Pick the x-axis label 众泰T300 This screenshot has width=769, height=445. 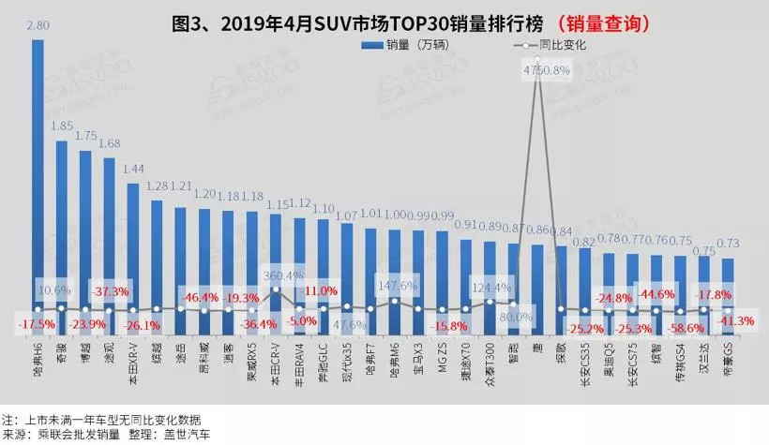tap(487, 367)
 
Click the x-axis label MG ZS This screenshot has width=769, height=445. tap(441, 361)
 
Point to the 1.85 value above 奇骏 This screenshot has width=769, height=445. tap(62, 126)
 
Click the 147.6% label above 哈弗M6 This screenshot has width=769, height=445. tap(394, 286)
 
